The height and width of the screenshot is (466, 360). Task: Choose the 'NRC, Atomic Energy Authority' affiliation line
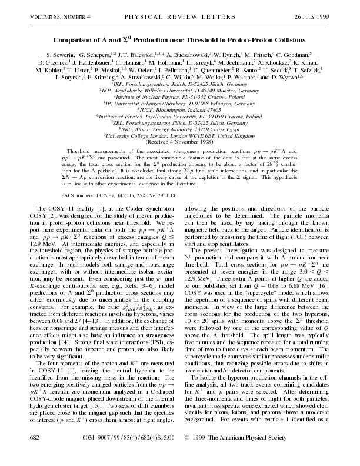180,129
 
